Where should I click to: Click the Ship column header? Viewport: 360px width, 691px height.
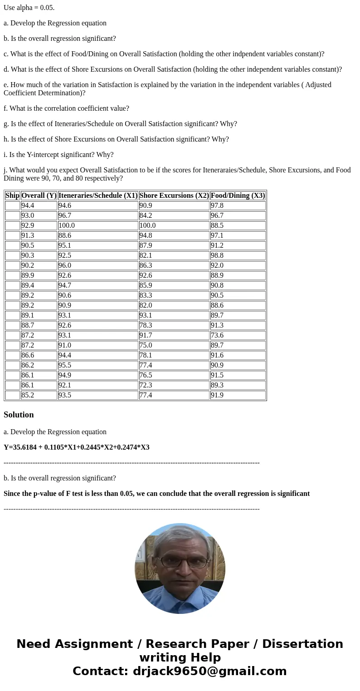click(12, 196)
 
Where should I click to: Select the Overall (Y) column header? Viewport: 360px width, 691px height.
click(39, 196)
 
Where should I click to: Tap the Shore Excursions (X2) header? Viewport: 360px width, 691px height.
click(174, 196)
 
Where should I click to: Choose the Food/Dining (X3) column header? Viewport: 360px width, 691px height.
click(238, 196)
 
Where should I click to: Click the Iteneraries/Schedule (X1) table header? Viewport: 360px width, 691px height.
click(98, 196)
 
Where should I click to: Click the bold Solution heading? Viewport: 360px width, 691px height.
click(19, 415)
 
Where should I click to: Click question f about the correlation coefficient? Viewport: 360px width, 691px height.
click(66, 108)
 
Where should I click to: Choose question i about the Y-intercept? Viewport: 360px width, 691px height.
click(58, 155)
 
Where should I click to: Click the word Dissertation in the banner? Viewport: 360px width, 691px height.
click(302, 644)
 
